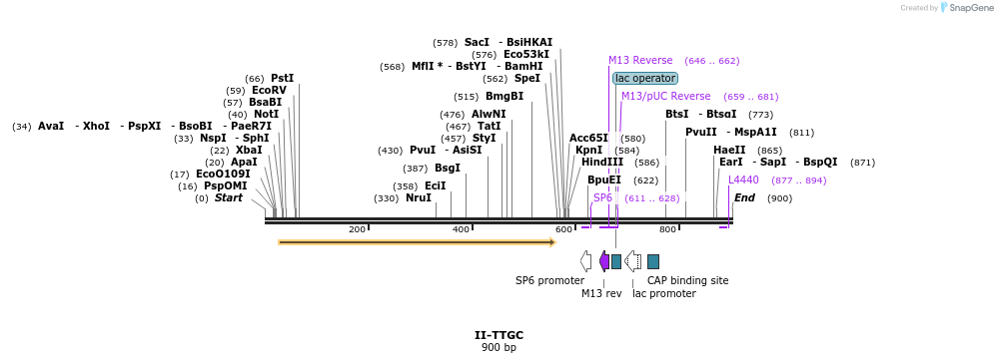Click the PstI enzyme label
(282, 78)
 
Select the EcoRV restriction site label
(269, 90)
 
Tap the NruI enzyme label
(418, 197)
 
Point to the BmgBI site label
(503, 96)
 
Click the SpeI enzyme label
(526, 78)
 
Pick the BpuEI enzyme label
(603, 180)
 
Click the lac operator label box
(644, 78)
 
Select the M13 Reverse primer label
(640, 60)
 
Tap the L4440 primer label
(743, 180)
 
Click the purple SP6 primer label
(602, 197)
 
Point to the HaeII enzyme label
(729, 150)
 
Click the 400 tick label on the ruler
(461, 229)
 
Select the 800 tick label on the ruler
(667, 229)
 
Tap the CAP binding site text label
(687, 280)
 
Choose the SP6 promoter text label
(549, 280)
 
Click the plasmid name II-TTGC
(499, 335)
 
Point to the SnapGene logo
(968, 8)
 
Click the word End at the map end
(744, 197)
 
